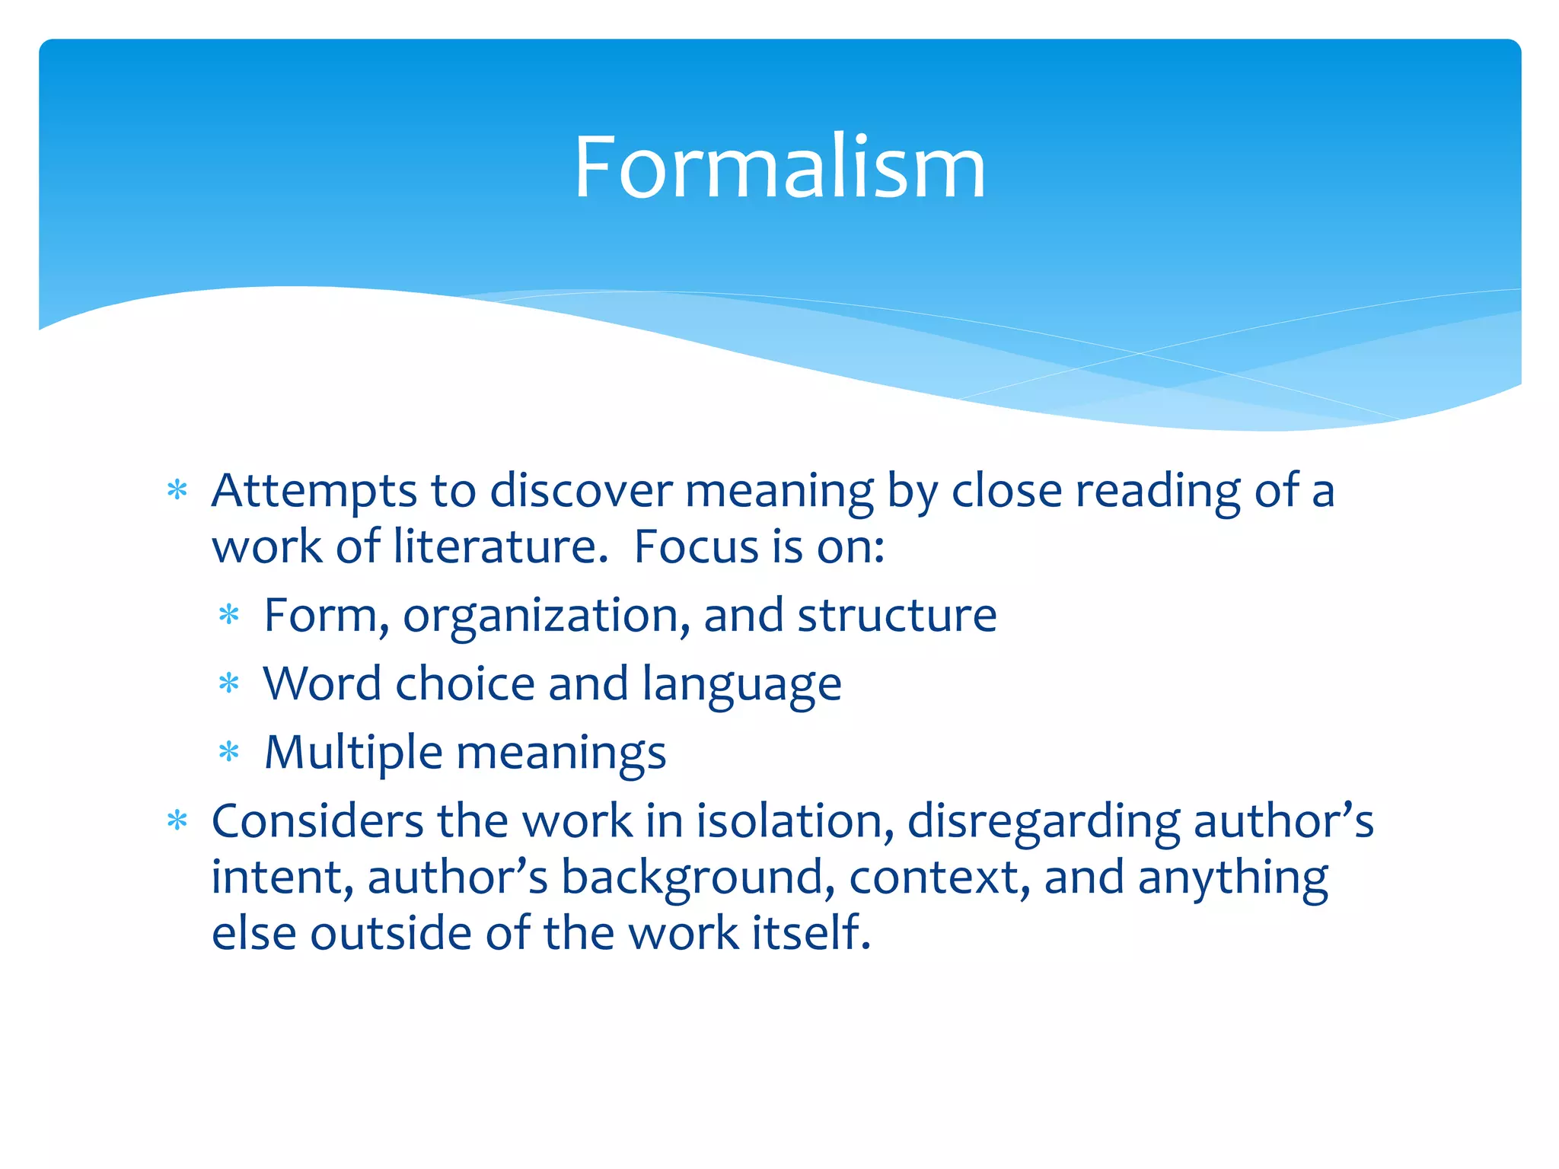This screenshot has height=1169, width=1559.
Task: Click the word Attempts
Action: tap(314, 491)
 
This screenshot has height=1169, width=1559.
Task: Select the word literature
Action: tap(500, 546)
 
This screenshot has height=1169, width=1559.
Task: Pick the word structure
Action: tap(897, 615)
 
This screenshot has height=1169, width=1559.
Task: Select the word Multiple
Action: tap(353, 753)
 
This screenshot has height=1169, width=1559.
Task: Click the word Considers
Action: tap(317, 822)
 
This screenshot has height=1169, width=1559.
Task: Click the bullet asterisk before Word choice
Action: tap(228, 684)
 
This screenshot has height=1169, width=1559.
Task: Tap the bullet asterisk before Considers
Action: tap(177, 822)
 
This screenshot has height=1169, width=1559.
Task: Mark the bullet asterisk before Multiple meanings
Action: tap(228, 753)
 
